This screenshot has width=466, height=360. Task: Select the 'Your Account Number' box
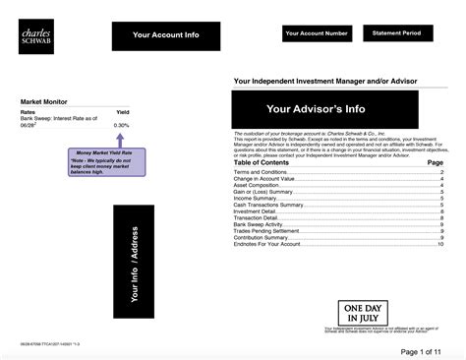click(317, 33)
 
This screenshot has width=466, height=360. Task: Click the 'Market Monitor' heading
click(45, 101)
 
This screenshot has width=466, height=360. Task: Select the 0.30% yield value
click(122, 126)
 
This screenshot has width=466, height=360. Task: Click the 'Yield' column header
click(123, 111)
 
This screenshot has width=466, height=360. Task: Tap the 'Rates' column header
click(29, 111)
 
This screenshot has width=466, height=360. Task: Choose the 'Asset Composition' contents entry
click(260, 185)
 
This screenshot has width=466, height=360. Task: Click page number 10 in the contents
click(439, 242)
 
